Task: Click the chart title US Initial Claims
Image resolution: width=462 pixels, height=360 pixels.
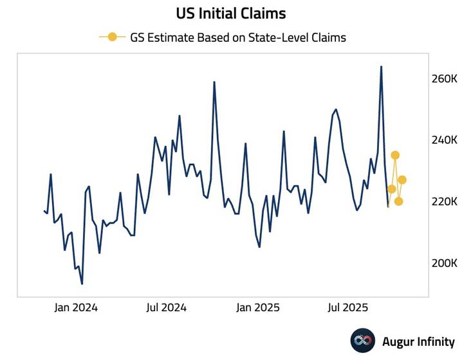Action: (x=231, y=13)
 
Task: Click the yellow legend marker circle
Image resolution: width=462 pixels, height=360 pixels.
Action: (x=113, y=37)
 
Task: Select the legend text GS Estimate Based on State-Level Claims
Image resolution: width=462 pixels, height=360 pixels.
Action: (x=238, y=37)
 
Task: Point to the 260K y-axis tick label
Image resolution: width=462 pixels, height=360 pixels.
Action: (x=444, y=79)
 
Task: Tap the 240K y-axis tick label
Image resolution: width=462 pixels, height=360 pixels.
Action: (x=444, y=140)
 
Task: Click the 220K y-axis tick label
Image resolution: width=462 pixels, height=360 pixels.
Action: (x=444, y=202)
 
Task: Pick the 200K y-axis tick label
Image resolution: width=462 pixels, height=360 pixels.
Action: (x=444, y=263)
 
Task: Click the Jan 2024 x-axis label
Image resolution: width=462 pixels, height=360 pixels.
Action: (x=76, y=307)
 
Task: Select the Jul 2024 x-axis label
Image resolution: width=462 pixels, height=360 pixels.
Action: (x=167, y=307)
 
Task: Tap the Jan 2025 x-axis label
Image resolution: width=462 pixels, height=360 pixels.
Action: (x=257, y=307)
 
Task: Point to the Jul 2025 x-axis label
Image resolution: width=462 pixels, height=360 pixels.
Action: (x=347, y=307)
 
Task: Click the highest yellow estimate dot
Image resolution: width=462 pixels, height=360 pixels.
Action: (x=395, y=155)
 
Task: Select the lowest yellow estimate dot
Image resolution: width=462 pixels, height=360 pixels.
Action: (x=399, y=201)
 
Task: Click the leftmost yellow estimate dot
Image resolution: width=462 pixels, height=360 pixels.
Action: (x=391, y=189)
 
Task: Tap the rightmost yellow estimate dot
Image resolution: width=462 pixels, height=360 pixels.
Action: (x=402, y=179)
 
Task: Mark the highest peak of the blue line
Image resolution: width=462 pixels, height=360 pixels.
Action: (x=381, y=66)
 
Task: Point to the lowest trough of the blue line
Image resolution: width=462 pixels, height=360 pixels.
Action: (x=82, y=283)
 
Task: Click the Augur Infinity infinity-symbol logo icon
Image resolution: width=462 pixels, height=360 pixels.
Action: (x=362, y=341)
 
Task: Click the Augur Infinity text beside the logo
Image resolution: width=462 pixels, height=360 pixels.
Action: (x=418, y=342)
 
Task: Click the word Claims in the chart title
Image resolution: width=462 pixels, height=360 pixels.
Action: (x=266, y=13)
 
